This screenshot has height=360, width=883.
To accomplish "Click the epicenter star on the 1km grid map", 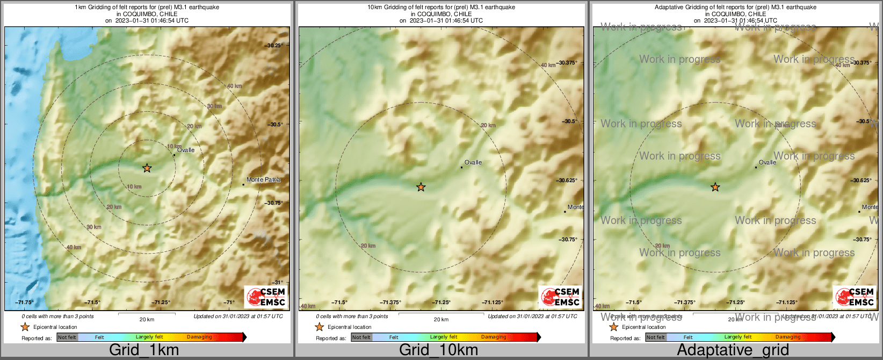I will click(147, 168).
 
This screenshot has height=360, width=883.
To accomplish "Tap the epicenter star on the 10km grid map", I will click(421, 187).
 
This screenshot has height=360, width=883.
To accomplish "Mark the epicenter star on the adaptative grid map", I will click(715, 187).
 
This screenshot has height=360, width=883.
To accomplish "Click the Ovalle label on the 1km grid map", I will click(186, 150).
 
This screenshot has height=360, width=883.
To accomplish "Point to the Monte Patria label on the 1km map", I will click(263, 179).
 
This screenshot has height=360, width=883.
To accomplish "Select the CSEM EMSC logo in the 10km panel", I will click(560, 297).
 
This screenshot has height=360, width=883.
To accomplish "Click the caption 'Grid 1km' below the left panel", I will click(143, 350).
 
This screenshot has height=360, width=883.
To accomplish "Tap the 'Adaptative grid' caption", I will click(733, 350).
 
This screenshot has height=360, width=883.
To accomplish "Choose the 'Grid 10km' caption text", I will click(438, 350).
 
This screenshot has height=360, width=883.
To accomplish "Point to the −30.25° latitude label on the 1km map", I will click(274, 46).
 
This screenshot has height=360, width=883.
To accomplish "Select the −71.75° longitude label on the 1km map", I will click(25, 303).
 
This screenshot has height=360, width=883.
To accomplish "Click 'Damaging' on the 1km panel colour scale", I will click(199, 337).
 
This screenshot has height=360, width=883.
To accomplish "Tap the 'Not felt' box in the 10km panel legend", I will click(361, 337).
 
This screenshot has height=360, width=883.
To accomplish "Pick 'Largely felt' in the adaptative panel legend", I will click(738, 337).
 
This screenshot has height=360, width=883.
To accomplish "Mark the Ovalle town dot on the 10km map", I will click(461, 167).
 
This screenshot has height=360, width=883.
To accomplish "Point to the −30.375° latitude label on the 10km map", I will click(567, 63).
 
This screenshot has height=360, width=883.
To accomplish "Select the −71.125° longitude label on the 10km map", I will click(493, 303).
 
